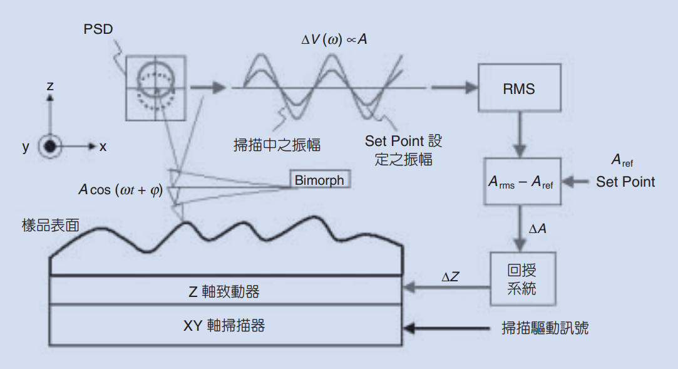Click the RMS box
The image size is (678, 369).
pyautogui.click(x=518, y=88)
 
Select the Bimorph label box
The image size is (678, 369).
pyautogui.click(x=319, y=180)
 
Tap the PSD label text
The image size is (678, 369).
pyautogui.click(x=98, y=29)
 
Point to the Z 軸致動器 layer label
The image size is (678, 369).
pyautogui.click(x=224, y=291)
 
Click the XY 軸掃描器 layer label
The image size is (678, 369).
pyautogui.click(x=224, y=326)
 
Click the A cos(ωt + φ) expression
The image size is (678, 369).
pyautogui.click(x=120, y=190)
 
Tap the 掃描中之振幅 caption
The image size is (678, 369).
pyautogui.click(x=277, y=145)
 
